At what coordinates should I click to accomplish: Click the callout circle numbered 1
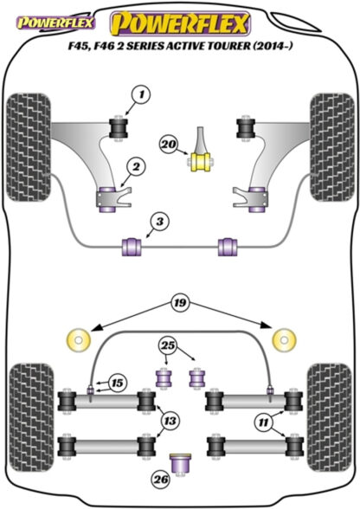(141, 95)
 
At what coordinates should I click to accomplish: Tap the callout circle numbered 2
(136, 167)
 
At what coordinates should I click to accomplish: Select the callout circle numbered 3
(160, 222)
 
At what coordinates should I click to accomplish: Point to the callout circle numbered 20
(169, 144)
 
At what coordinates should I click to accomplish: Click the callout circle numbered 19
(181, 303)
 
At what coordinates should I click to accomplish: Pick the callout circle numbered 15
(117, 383)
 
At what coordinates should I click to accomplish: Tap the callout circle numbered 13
(170, 421)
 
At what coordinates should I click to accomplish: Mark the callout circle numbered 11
(264, 422)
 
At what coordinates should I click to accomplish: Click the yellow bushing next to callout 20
(200, 162)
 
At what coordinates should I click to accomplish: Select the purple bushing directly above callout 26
(181, 464)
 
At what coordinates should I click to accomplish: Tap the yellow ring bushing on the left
(78, 340)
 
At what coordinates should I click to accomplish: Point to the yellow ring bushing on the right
(285, 340)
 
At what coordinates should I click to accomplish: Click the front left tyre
(29, 147)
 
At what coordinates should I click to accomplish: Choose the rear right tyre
(330, 418)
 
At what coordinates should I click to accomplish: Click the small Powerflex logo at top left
(56, 23)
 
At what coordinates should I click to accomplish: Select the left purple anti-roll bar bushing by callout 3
(132, 247)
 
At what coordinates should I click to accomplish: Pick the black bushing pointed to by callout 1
(118, 127)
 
